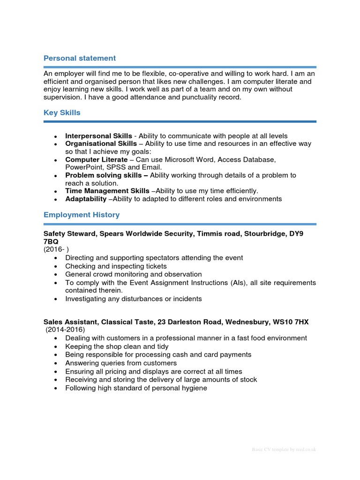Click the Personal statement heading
pos(79,58)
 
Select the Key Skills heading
pos(62,112)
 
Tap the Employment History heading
pos(82,215)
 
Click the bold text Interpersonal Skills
pos(98,136)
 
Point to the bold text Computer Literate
pos(96,160)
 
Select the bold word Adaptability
pos(86,199)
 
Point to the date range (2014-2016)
pos(65,330)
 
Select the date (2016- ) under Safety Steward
pos(56,249)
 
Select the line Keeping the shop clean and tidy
pos(117,346)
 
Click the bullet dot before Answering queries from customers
pos(56,363)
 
